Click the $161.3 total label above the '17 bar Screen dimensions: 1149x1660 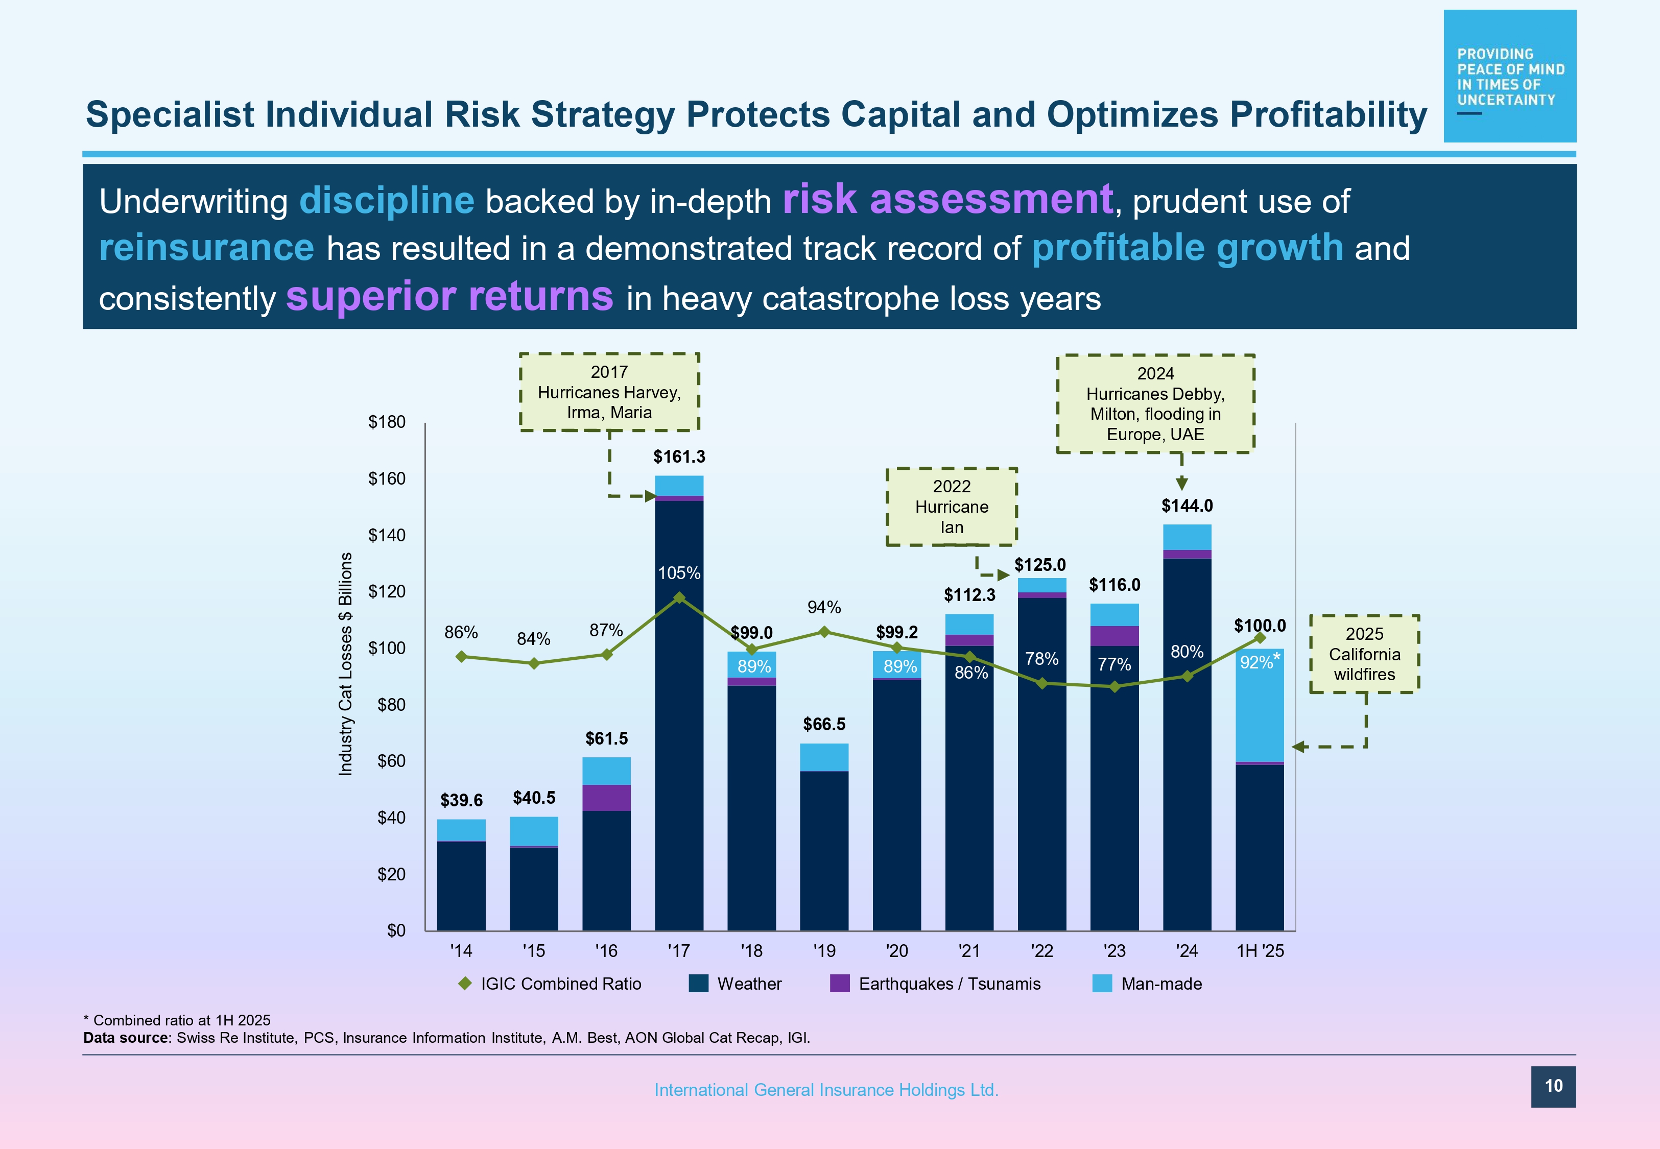point(679,457)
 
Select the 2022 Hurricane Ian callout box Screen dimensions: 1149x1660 point(951,507)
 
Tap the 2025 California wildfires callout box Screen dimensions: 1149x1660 point(1364,654)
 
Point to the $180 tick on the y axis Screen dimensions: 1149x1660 point(387,422)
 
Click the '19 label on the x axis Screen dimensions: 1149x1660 point(824,951)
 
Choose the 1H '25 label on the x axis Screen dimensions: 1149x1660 point(1260,951)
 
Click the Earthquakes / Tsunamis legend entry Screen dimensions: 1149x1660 point(936,984)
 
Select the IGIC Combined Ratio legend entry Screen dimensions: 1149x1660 point(550,984)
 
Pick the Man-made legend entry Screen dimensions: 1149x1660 point(1148,984)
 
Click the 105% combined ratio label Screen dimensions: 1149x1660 point(679,573)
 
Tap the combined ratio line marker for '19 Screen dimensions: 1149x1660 point(824,632)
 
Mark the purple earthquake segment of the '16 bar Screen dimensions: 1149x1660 point(606,798)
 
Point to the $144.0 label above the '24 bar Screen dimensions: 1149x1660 point(1187,506)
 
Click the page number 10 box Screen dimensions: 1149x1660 point(1553,1086)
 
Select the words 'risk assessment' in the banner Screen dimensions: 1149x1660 point(947,200)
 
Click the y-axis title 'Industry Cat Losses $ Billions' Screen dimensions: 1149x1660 point(345,664)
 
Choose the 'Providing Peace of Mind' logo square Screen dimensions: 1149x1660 point(1509,76)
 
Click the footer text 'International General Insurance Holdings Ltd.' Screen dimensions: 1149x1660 point(826,1090)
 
